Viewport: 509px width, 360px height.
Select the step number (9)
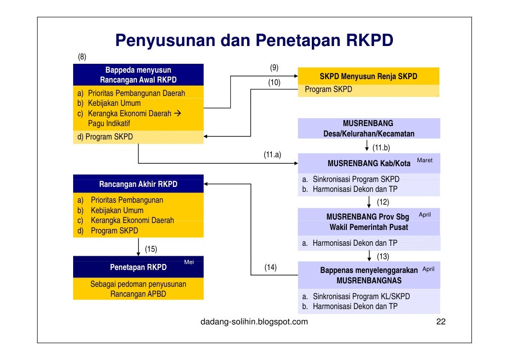(274, 67)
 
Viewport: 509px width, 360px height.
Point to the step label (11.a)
(272, 155)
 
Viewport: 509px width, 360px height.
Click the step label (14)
(270, 268)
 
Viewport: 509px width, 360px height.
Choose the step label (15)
(151, 249)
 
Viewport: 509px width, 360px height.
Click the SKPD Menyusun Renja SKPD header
(368, 76)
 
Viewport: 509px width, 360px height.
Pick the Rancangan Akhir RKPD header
(138, 184)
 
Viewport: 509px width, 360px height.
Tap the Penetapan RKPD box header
(138, 268)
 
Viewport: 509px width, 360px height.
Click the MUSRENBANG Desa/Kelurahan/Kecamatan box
(368, 129)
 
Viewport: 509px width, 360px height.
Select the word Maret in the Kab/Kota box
(424, 160)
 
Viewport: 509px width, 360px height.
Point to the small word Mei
(189, 262)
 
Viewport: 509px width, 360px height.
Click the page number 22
(441, 322)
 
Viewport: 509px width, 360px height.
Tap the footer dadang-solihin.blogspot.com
(254, 322)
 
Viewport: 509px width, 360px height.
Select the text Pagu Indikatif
(109, 124)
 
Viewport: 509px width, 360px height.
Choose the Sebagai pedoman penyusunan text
(138, 284)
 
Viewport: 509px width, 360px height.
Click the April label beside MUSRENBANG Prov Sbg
(425, 215)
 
